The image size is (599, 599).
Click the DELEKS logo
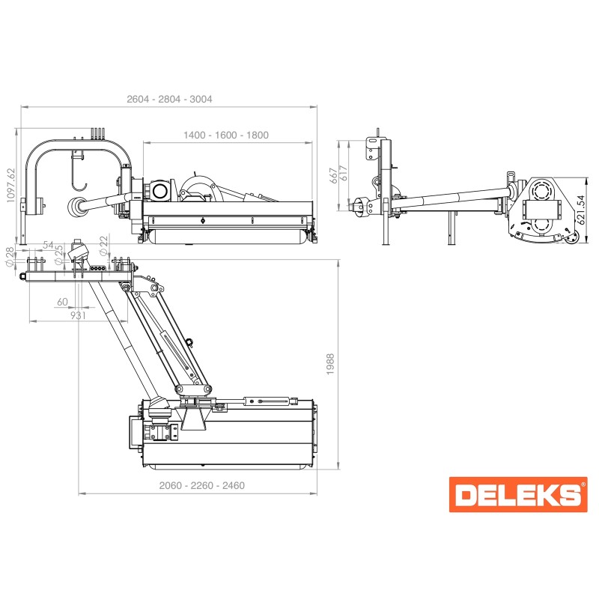pyautogui.click(x=518, y=494)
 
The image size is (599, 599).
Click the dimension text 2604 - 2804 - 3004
pyautogui.click(x=169, y=100)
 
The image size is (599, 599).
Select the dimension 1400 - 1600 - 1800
pyautogui.click(x=226, y=136)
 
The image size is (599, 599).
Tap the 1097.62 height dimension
pyautogui.click(x=10, y=185)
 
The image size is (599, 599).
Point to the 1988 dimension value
pyautogui.click(x=330, y=364)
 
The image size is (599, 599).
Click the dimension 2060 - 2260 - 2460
pyautogui.click(x=201, y=485)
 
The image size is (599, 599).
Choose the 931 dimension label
pyautogui.click(x=78, y=315)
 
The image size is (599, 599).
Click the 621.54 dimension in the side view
pyautogui.click(x=581, y=210)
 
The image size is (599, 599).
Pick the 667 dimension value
pyautogui.click(x=334, y=175)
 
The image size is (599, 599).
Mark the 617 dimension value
pyautogui.click(x=344, y=174)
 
